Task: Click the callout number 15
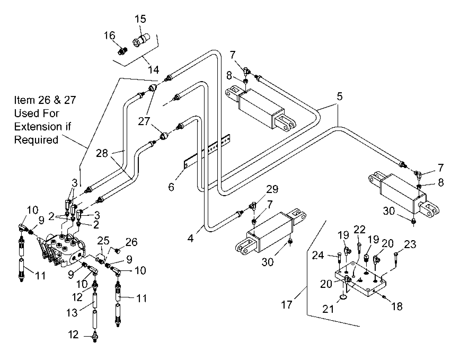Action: [140, 19]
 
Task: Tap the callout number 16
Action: [109, 36]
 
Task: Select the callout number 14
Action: [153, 70]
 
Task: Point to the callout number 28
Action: [102, 153]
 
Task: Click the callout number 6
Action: [171, 187]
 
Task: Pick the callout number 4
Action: [191, 238]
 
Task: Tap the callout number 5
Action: [340, 96]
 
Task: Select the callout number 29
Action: [272, 189]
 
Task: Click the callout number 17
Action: [287, 305]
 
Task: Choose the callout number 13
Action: [72, 313]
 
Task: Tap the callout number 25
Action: [103, 241]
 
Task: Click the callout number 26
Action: [131, 242]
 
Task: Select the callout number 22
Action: [359, 230]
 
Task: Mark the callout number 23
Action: [410, 244]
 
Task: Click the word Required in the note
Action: [36, 140]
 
